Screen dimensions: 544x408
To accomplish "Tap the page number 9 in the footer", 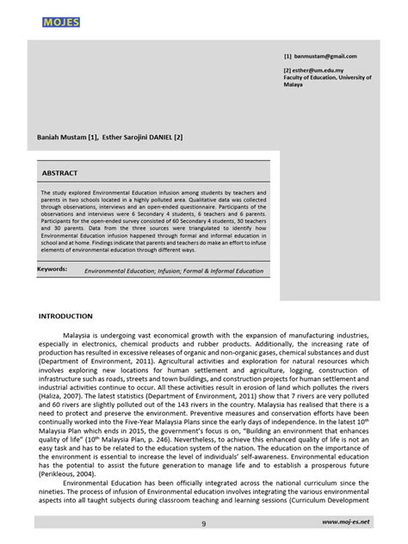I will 204,522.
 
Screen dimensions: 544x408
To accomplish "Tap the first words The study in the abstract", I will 54,193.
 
